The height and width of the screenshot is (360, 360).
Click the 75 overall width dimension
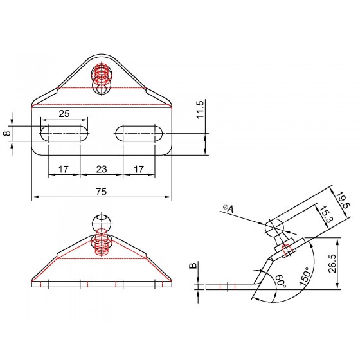click(102, 192)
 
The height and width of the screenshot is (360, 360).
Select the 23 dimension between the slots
click(102, 169)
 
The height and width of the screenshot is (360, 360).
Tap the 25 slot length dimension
click(64, 114)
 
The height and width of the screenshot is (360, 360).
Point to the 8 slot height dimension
click(8, 134)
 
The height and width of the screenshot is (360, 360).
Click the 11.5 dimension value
click(200, 109)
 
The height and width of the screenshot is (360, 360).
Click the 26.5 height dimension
click(332, 263)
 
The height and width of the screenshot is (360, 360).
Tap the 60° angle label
click(281, 282)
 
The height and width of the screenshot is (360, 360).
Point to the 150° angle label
click(305, 276)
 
